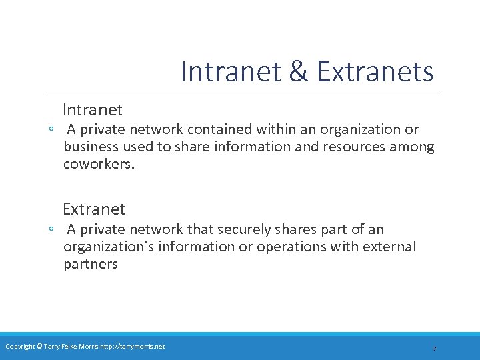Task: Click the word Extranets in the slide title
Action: click(x=375, y=72)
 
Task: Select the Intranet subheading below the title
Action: click(x=93, y=109)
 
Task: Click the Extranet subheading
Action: click(x=94, y=209)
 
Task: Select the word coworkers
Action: click(x=99, y=164)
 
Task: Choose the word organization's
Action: click(x=108, y=247)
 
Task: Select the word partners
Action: click(x=91, y=264)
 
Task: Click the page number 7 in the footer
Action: click(x=434, y=349)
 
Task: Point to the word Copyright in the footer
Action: click(x=20, y=346)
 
